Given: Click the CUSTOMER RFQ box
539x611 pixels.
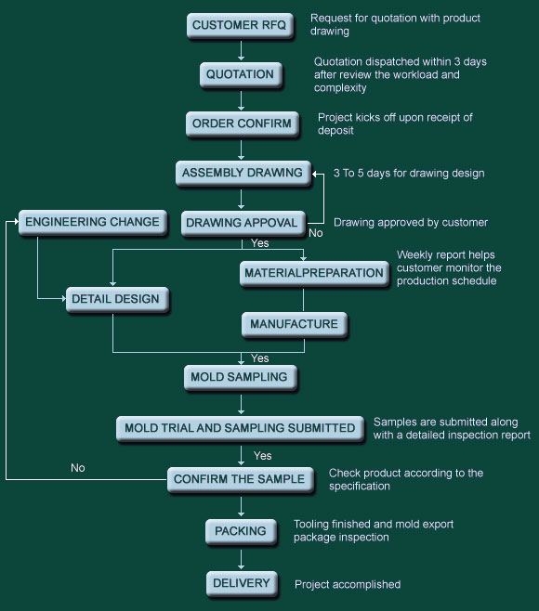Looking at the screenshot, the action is (x=240, y=26).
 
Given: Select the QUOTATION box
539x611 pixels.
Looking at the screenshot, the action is (x=241, y=75).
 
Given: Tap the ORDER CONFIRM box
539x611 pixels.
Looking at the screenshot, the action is (x=243, y=123).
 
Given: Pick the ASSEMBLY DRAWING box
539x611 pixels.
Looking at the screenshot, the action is (x=243, y=173).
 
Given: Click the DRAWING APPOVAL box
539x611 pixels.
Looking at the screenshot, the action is (x=243, y=223).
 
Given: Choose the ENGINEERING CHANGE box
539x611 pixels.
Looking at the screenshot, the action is (x=93, y=222).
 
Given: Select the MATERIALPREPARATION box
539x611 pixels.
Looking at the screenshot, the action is (x=314, y=273).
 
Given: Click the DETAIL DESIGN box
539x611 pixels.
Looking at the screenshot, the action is (x=117, y=299).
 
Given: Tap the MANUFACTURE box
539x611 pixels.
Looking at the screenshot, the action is (x=295, y=324).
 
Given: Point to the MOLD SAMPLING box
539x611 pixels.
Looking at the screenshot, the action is (x=241, y=378).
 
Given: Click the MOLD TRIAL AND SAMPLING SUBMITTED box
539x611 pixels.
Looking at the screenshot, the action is (x=241, y=429).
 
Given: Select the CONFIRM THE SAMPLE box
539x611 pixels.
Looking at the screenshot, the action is (x=241, y=479).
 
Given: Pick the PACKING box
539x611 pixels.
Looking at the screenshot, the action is (x=241, y=531).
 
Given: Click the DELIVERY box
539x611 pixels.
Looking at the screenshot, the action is (x=242, y=584).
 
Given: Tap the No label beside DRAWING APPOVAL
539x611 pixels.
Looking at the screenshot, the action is (x=316, y=233).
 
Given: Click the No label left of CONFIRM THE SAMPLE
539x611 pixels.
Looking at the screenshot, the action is (x=78, y=468).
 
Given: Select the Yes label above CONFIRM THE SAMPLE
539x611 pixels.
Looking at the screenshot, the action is (x=262, y=456).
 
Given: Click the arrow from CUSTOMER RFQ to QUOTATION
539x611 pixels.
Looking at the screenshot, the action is (x=241, y=51).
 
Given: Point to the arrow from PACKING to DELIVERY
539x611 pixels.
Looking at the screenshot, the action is (x=241, y=559).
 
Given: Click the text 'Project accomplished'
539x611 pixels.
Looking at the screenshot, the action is (x=348, y=584).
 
